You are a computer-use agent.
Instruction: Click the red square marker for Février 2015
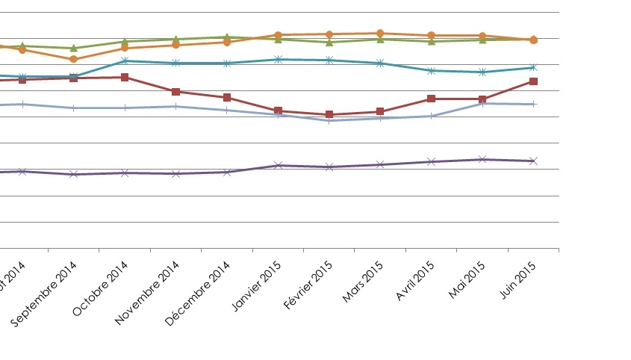tap(329, 114)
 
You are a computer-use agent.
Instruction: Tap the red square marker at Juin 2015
tap(533, 81)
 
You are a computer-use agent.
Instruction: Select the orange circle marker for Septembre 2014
tap(73, 59)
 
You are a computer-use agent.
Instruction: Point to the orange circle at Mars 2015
tap(380, 33)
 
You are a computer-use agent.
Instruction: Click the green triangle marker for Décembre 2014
tap(226, 37)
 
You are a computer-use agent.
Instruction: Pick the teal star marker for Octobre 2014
tap(125, 60)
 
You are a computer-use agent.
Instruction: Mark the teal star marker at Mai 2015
tap(482, 72)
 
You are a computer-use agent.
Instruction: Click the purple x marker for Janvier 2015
tap(278, 165)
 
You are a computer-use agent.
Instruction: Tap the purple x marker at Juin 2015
tap(533, 161)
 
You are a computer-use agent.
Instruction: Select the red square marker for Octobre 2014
tap(125, 77)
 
